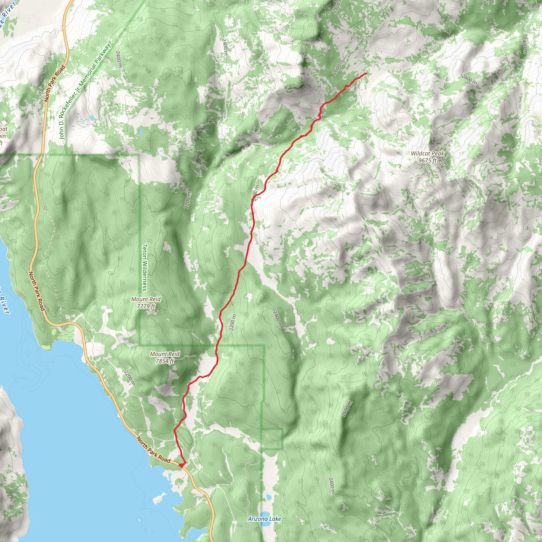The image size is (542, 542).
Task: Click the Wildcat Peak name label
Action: (428, 153)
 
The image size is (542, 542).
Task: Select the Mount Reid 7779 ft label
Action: (146, 303)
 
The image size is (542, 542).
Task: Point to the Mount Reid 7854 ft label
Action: (165, 357)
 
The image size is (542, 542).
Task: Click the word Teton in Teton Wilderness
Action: (145, 252)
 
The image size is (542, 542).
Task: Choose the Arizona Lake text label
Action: (264, 519)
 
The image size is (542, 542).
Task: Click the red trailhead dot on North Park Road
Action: (182, 466)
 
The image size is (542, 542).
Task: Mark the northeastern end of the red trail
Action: (366, 74)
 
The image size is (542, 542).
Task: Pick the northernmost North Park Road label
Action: (55, 83)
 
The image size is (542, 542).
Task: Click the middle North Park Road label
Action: (37, 291)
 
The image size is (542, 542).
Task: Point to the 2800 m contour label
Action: (336, 6)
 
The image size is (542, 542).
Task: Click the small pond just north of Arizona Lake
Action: (268, 497)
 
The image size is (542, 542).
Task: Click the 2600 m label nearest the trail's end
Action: (338, 67)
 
